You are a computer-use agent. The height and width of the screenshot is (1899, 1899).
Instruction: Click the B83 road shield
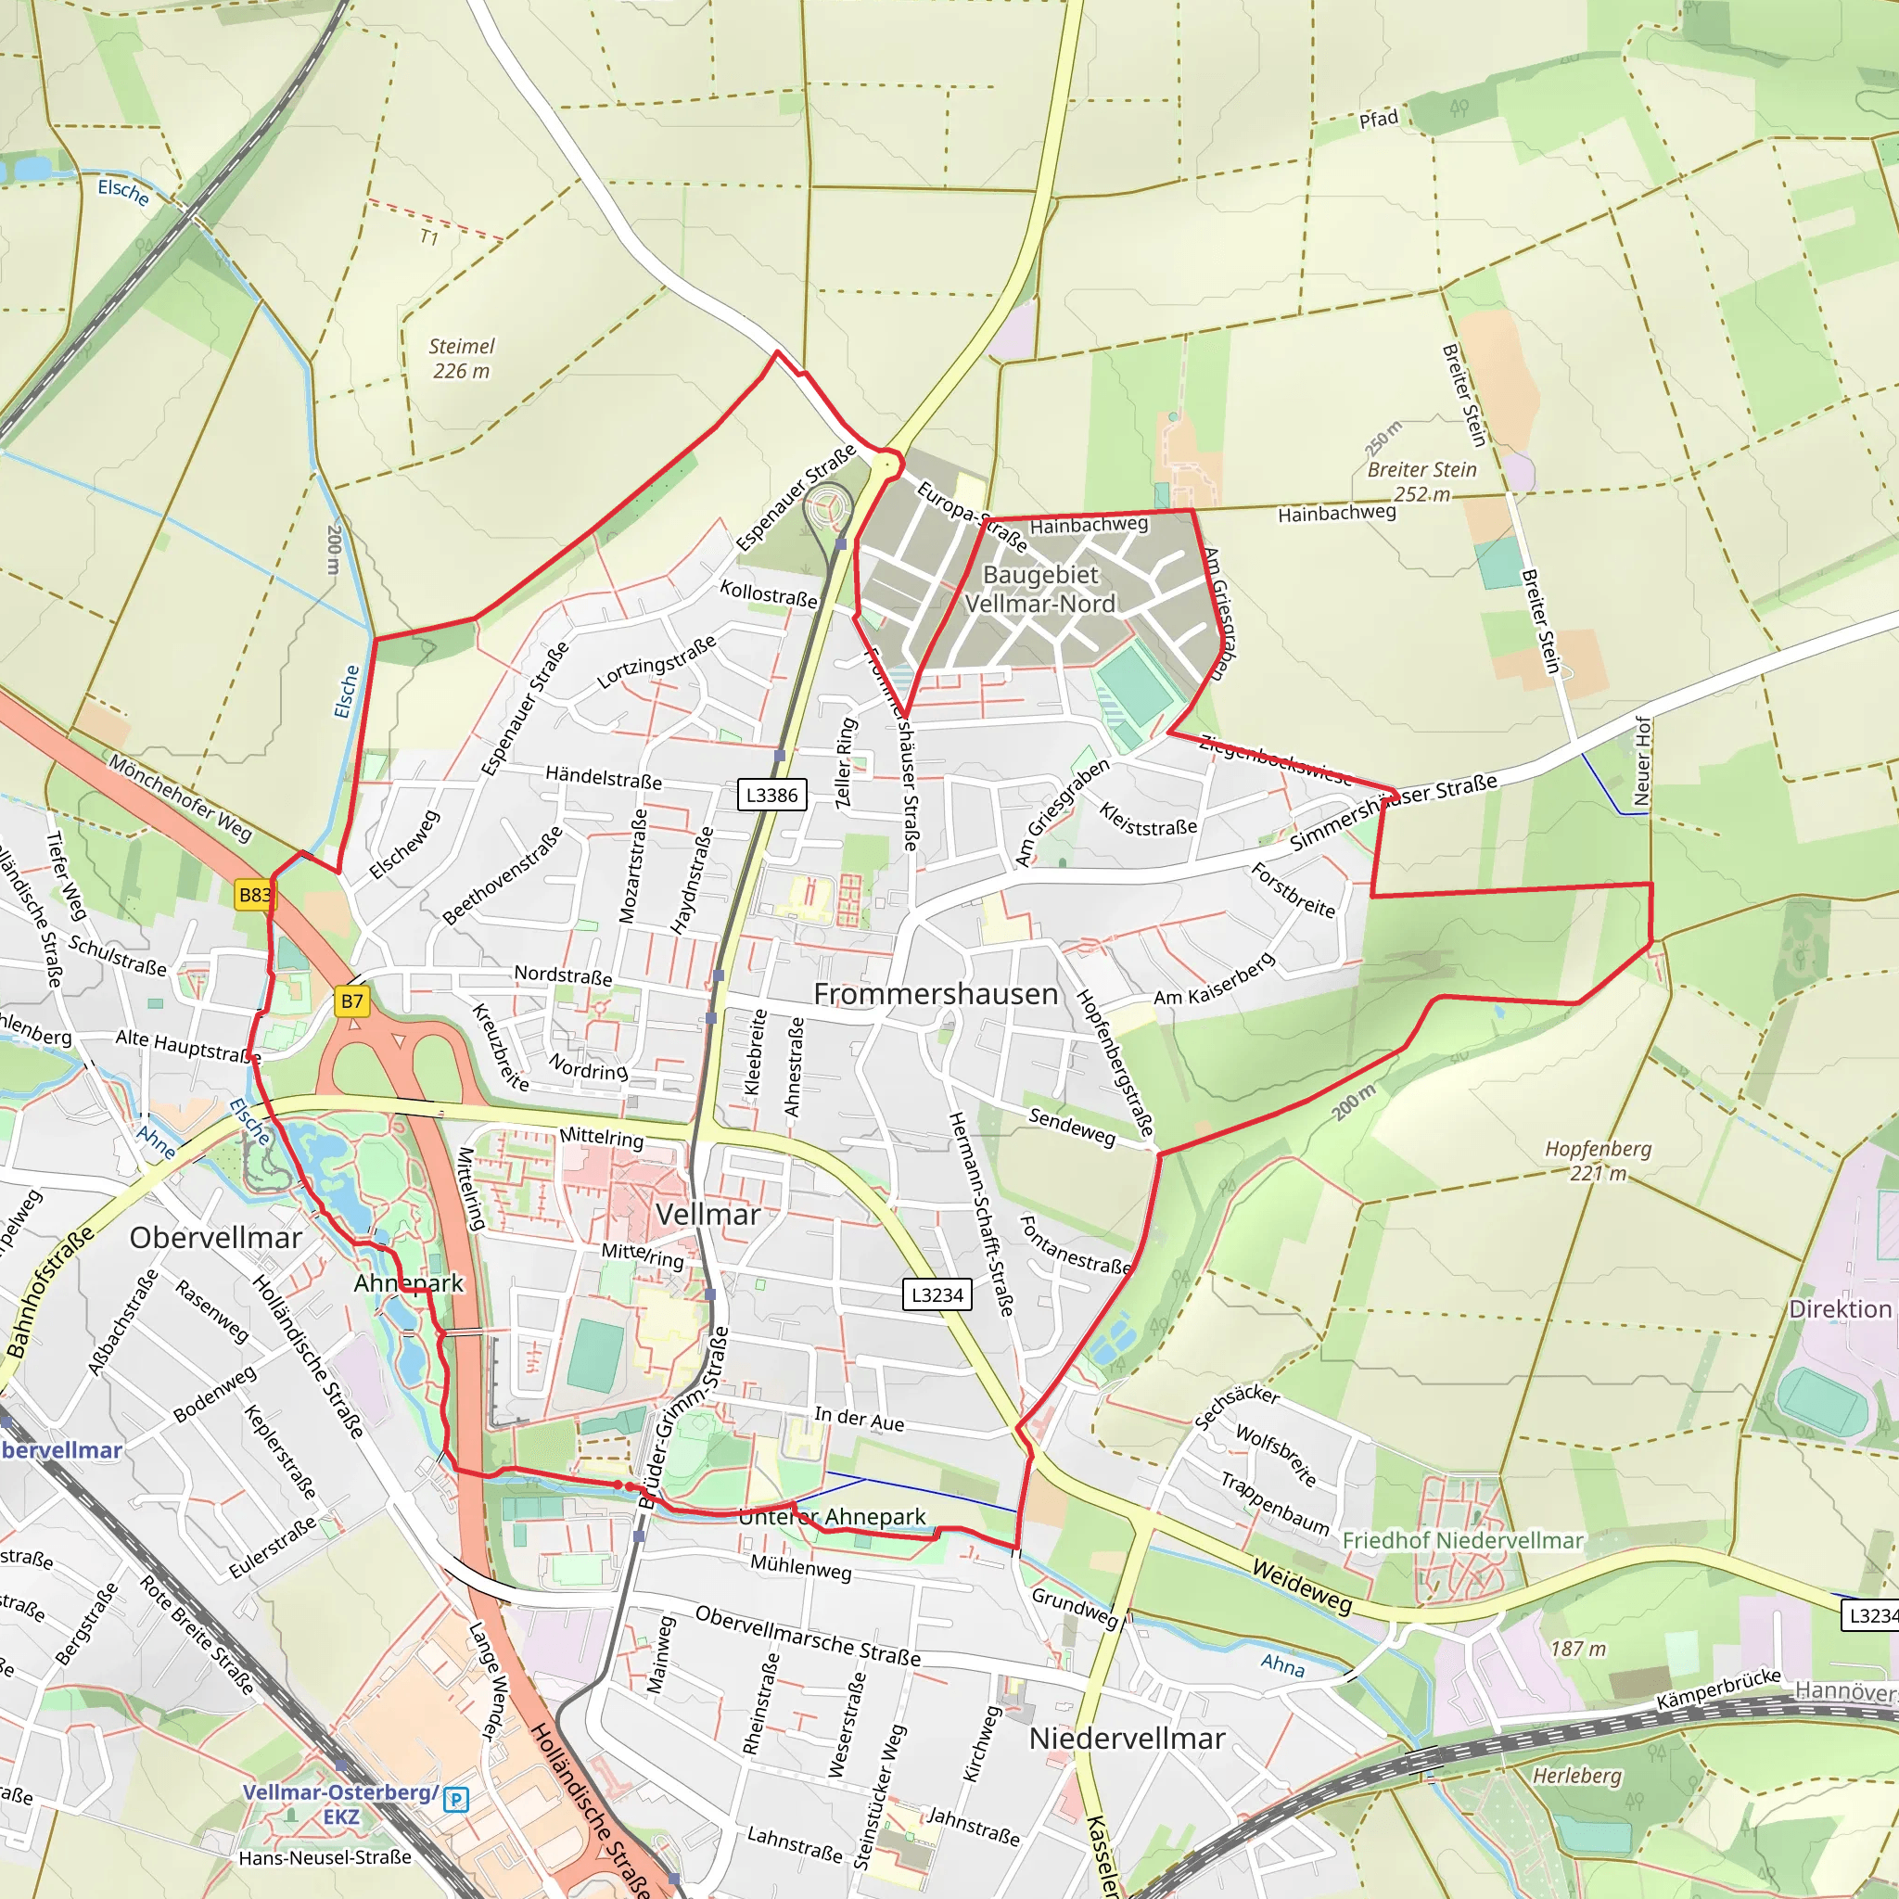(255, 895)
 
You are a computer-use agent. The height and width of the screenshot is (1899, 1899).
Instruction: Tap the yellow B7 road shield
(351, 1001)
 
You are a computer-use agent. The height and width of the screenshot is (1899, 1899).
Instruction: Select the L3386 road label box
(771, 795)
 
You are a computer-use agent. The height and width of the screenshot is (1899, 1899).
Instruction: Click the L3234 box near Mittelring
(937, 1294)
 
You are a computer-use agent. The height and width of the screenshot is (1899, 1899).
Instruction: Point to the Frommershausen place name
(935, 994)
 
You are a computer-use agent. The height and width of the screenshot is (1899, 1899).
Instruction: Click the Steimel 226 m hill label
(461, 358)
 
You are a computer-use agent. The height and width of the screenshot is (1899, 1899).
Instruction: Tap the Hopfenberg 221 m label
(1598, 1160)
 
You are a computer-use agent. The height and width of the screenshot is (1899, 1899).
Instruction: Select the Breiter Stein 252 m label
(1421, 481)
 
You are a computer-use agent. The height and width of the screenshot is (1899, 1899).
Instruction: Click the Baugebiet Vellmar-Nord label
(1040, 589)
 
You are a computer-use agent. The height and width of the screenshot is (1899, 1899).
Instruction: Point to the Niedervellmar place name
(1127, 1738)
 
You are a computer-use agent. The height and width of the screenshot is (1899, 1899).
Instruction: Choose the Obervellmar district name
(215, 1238)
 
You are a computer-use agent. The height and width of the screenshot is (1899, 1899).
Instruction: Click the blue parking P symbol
(456, 1800)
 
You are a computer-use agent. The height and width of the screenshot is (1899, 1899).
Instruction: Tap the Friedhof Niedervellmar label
(1462, 1540)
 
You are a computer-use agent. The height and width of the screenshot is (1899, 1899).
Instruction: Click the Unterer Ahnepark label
(832, 1517)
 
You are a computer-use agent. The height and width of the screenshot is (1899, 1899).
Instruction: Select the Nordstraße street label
(563, 975)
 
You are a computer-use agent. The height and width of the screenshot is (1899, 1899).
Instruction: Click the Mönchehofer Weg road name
(179, 797)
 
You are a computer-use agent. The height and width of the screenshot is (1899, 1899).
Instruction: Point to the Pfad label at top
(1378, 119)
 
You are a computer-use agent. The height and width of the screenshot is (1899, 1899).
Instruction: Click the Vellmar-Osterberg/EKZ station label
(340, 1803)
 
